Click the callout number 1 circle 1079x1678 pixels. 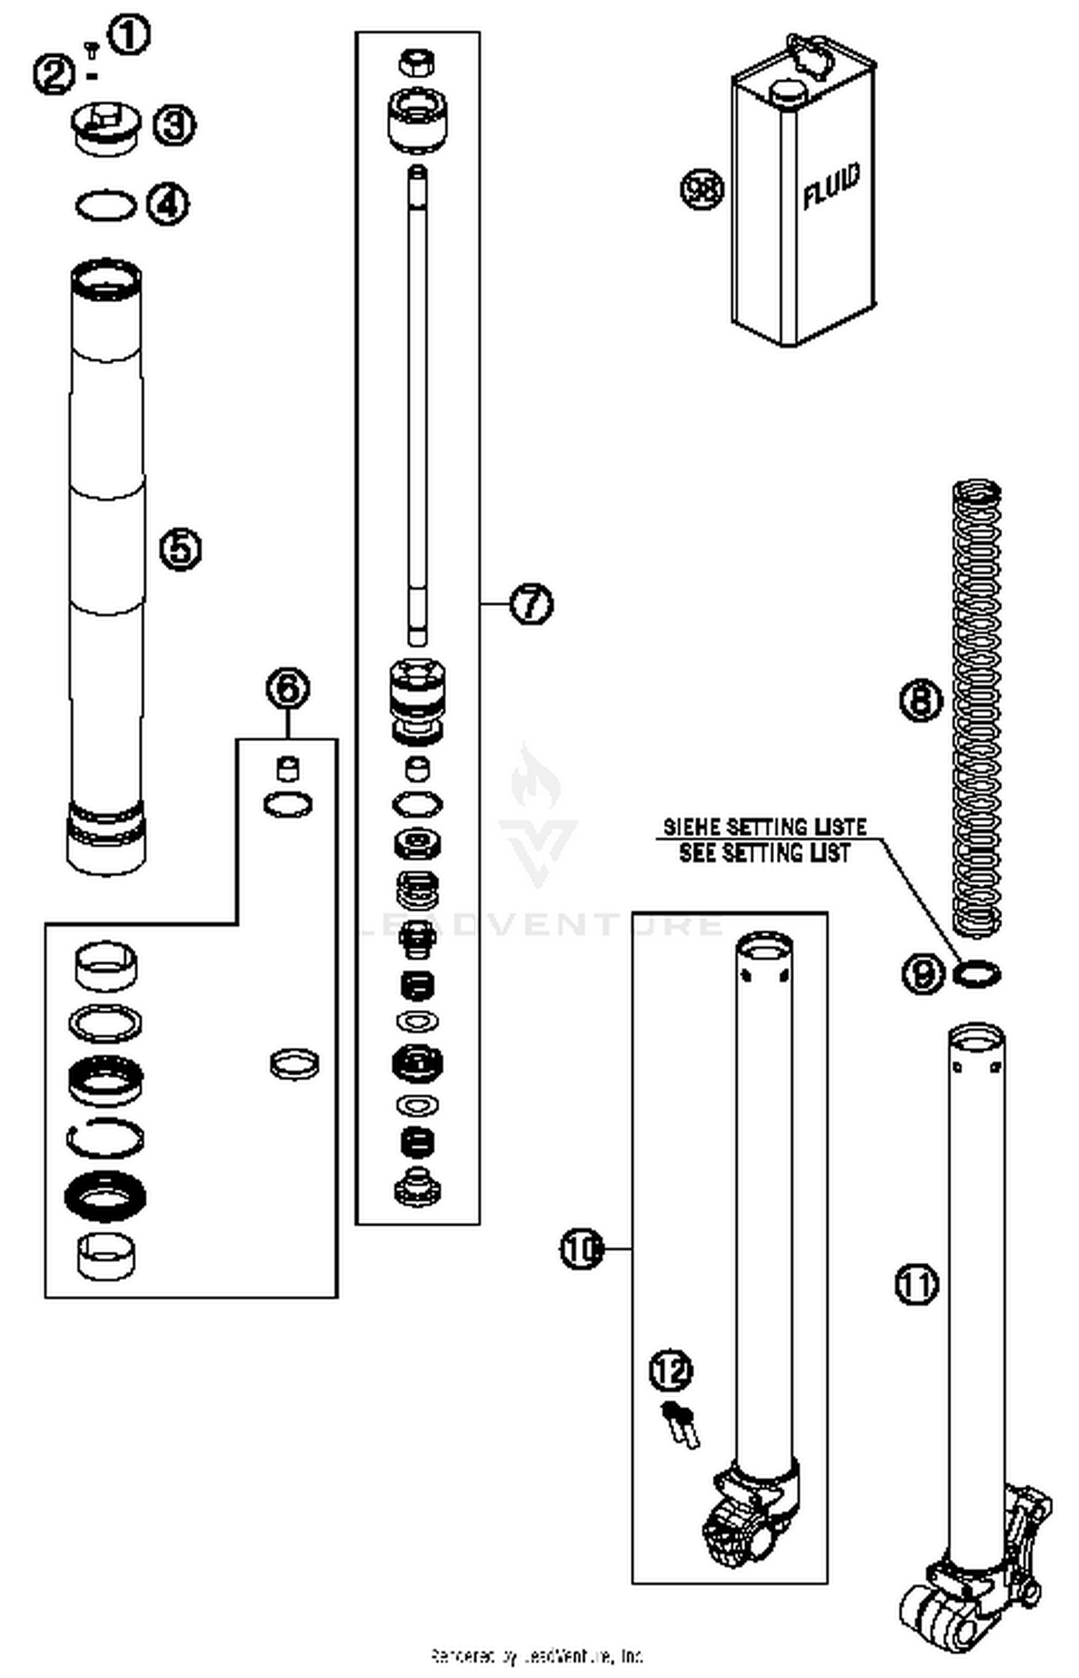coord(129,35)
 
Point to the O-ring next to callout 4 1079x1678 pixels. coord(105,205)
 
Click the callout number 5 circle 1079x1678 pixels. coord(180,550)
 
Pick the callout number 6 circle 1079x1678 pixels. coord(288,689)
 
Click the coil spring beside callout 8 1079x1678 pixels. coord(976,705)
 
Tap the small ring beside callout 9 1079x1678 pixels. coord(976,974)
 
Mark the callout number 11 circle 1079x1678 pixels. coord(917,1284)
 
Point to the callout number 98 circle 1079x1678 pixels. coord(702,189)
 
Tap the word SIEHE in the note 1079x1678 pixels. coord(691,827)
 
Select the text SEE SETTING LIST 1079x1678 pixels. coord(764,853)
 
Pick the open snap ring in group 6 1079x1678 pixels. coord(105,1138)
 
